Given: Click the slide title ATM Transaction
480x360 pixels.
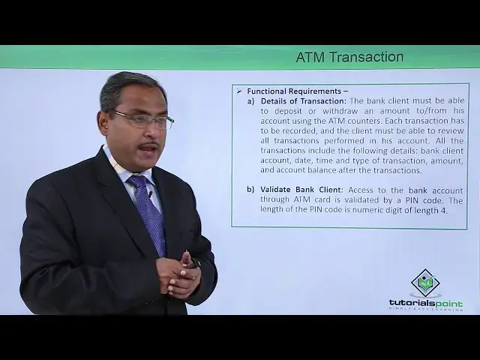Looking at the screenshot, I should [x=349, y=57].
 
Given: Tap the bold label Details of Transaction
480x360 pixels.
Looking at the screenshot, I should [x=303, y=100].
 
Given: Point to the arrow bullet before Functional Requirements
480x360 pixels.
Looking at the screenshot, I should [x=239, y=91].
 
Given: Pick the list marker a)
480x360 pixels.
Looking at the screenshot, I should [x=251, y=100].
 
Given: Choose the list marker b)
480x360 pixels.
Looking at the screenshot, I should [x=251, y=189].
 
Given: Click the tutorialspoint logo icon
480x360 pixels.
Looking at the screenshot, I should [x=425, y=283].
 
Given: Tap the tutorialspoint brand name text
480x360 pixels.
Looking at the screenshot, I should [x=425, y=303].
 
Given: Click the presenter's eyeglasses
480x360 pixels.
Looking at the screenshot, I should [x=142, y=119].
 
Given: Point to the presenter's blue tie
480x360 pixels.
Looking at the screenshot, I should [x=148, y=214].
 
